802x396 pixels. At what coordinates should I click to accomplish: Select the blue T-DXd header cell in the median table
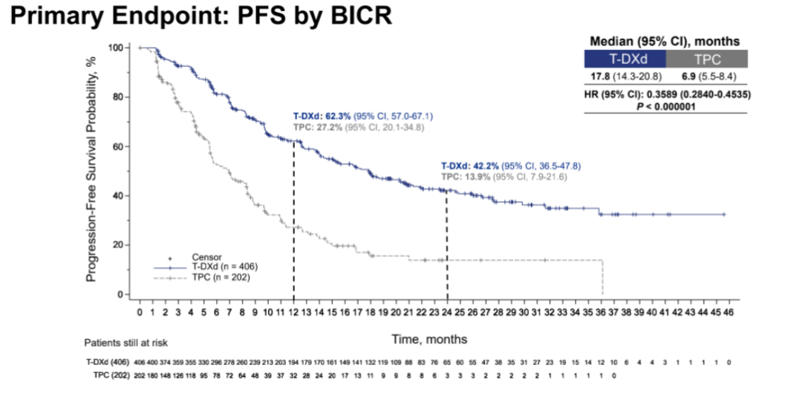pyautogui.click(x=625, y=59)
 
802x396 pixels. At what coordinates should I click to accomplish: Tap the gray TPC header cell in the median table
pyautogui.click(x=707, y=59)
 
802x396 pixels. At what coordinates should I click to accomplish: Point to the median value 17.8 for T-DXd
pyautogui.click(x=599, y=77)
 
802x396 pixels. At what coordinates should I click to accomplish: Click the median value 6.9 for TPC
pyautogui.click(x=684, y=77)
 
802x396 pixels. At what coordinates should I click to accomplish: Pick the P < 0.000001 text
pyautogui.click(x=665, y=106)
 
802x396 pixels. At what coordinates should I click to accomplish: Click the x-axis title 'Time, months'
pyautogui.click(x=430, y=339)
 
